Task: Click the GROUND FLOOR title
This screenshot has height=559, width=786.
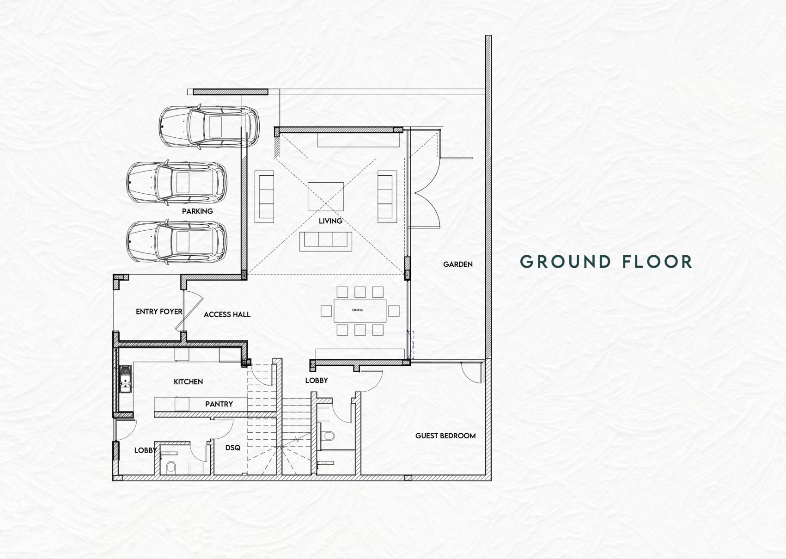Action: pyautogui.click(x=606, y=262)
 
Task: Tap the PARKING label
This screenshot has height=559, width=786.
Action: pyautogui.click(x=197, y=211)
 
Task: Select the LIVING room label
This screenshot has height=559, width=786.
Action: pyautogui.click(x=330, y=221)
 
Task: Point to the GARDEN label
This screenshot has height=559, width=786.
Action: pyautogui.click(x=457, y=264)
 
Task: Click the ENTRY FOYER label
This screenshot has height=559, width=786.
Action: pyautogui.click(x=159, y=312)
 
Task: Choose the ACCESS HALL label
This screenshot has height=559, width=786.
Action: pyautogui.click(x=227, y=314)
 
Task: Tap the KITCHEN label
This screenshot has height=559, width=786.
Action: pyautogui.click(x=188, y=381)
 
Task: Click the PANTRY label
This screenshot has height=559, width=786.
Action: pyautogui.click(x=219, y=404)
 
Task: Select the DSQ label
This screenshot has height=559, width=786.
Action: pyautogui.click(x=232, y=448)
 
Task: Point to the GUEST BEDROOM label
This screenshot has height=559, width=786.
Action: pyautogui.click(x=445, y=436)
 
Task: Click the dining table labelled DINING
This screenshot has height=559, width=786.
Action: pyautogui.click(x=360, y=311)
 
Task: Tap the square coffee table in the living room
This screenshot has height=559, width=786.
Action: pyautogui.click(x=326, y=197)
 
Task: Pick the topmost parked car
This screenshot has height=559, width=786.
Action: pyautogui.click(x=209, y=126)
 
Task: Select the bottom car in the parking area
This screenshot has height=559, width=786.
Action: pyautogui.click(x=177, y=242)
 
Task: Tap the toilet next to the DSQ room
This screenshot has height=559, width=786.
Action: pyautogui.click(x=171, y=467)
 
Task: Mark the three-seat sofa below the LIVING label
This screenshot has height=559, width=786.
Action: pyautogui.click(x=326, y=241)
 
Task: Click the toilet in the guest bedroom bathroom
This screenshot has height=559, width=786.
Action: pyautogui.click(x=329, y=436)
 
